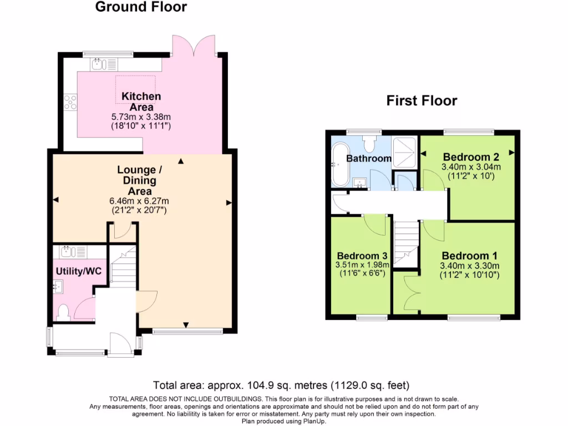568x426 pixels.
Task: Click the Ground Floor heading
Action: pos(141,7)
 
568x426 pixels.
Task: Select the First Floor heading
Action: pos(422,100)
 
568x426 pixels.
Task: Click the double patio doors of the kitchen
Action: pos(194,45)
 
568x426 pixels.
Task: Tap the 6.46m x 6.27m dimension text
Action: pos(140,201)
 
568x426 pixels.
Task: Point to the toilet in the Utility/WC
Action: pos(62,312)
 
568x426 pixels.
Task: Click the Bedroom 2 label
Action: pos(466,157)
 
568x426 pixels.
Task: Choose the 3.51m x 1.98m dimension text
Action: pos(362,265)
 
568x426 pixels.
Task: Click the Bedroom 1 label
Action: pos(469,256)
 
